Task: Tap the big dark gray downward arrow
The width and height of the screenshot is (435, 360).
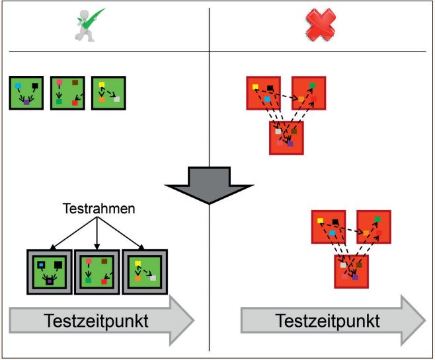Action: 209,184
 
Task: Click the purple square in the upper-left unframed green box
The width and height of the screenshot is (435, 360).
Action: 26,102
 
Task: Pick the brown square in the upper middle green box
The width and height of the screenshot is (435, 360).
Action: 75,83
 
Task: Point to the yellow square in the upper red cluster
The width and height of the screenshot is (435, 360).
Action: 255,85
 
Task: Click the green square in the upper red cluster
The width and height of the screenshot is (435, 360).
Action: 313,85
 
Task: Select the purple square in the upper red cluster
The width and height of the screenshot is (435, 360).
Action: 290,143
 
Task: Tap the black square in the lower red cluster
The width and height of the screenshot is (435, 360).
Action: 336,221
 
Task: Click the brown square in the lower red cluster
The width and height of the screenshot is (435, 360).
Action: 359,264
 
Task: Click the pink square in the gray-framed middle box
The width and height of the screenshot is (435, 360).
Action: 88,262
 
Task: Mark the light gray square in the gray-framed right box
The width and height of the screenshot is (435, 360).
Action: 153,278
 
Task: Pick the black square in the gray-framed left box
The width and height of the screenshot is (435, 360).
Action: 58,265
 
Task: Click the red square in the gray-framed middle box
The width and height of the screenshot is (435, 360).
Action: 104,281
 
